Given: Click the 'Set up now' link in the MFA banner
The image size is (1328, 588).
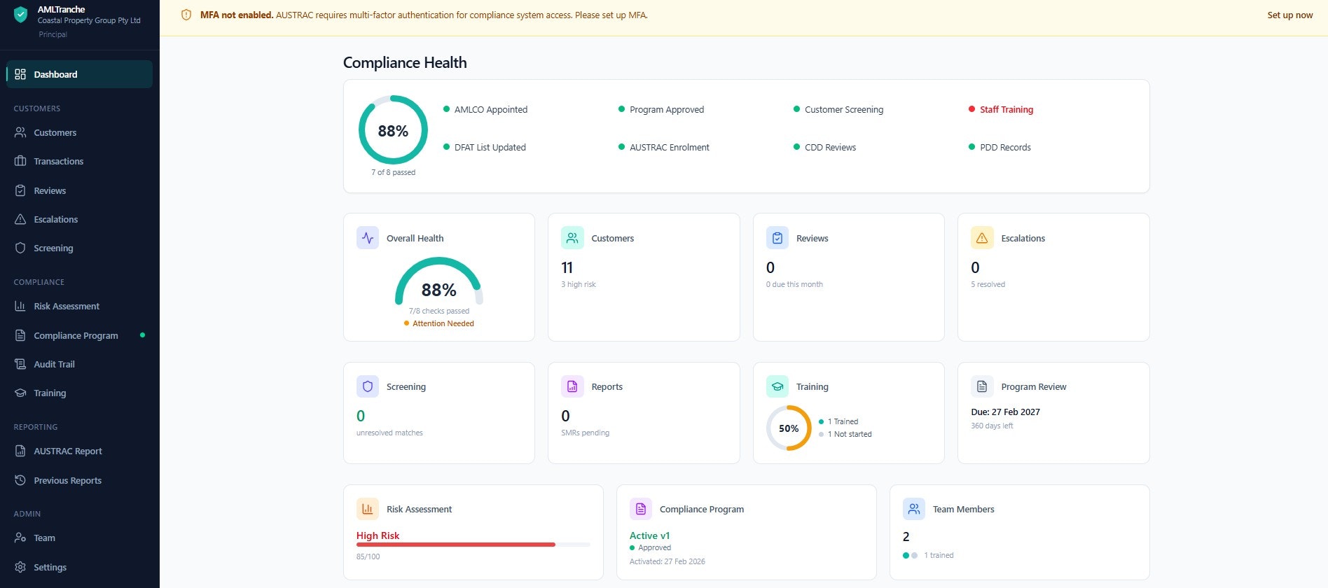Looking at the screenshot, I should [1289, 15].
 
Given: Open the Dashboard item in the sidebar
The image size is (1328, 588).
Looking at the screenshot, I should [55, 74].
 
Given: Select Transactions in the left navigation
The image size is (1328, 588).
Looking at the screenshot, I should [58, 162].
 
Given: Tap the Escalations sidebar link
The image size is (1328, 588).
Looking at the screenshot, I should [55, 220].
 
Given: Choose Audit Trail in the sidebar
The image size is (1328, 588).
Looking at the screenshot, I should [54, 365].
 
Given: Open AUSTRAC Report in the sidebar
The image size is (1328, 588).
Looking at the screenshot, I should [67, 451].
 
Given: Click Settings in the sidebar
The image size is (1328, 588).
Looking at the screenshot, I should [50, 568].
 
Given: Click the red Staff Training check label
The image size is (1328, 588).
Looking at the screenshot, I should [1006, 110].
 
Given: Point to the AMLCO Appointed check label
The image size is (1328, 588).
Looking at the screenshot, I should [490, 110].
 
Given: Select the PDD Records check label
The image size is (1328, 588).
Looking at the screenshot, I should [1005, 148].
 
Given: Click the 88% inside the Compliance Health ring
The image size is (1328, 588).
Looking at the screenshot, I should [393, 131].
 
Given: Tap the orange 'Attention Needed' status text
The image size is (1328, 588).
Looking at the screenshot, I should [443, 324].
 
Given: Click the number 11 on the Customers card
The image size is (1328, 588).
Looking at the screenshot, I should [567, 268].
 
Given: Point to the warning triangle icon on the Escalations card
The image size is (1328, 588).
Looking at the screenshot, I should [982, 238].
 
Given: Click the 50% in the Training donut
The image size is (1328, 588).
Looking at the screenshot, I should [789, 428].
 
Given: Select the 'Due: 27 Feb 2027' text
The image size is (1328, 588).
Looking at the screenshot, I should [1005, 412].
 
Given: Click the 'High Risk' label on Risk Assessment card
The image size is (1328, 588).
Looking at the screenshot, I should [378, 535].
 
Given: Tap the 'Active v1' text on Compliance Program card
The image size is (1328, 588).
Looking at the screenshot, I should [649, 535].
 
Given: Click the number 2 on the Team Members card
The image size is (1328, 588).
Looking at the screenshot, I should [906, 537].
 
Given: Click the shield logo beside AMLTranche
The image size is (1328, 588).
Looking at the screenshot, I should [21, 15].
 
